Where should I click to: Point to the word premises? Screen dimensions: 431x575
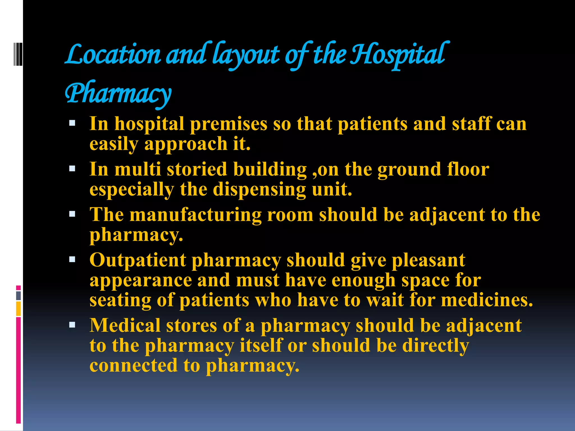(229, 124)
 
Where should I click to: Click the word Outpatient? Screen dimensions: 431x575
(138, 260)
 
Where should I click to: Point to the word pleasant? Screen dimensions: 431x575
(428, 260)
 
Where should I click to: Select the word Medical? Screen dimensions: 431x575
(125, 325)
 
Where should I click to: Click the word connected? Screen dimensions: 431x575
(134, 365)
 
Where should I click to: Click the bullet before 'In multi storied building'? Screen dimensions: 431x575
(72, 169)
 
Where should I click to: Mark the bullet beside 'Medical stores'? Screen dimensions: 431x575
(72, 325)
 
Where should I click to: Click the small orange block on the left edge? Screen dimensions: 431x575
(18, 309)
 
